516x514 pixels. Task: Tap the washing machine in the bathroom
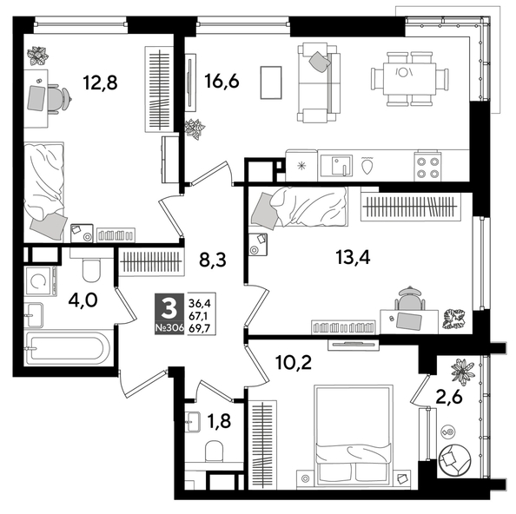[38, 280]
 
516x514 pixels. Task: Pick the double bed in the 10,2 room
[351, 432]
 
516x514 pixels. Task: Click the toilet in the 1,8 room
[209, 453]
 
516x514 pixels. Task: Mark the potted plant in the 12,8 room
[37, 56]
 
